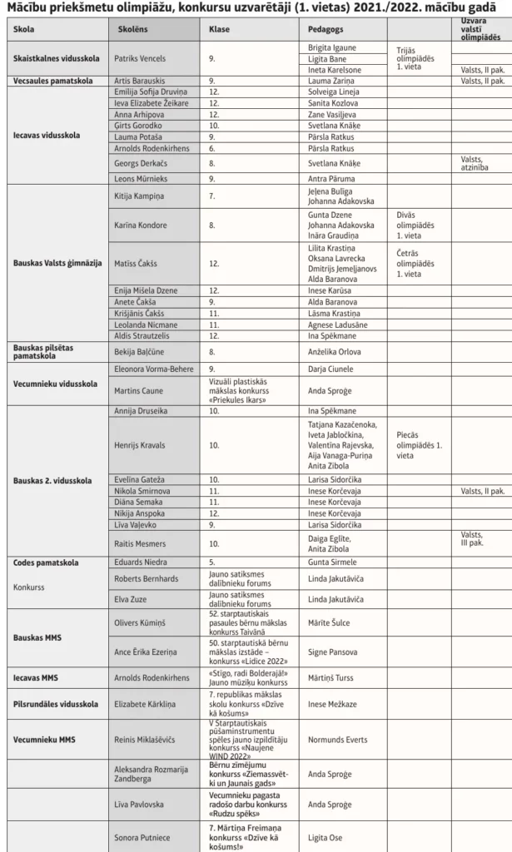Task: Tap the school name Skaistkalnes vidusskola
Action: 57,59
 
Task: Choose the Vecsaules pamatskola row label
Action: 52,82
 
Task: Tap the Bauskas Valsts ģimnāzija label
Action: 57,263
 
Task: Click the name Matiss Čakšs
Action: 138,263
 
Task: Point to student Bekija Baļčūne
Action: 139,351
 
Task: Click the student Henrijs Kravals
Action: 140,445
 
